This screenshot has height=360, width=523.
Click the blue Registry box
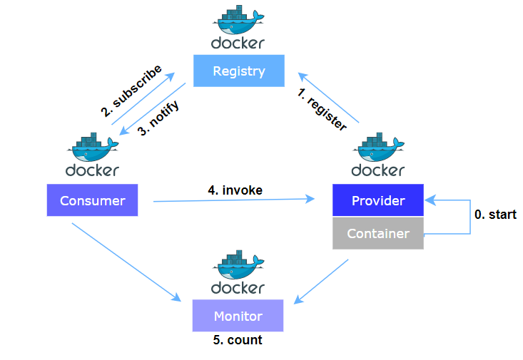tap(239, 71)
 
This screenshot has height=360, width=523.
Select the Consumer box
tap(92, 200)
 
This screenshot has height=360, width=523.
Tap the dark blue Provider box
tap(378, 200)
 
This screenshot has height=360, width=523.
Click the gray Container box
tap(378, 234)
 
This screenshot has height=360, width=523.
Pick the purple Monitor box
tap(238, 316)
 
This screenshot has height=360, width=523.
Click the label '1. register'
tap(323, 109)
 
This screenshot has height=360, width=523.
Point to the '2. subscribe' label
tap(131, 91)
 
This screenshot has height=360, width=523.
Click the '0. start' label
tap(496, 215)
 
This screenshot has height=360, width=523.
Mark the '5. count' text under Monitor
tap(238, 340)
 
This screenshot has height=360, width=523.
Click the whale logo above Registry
tap(238, 19)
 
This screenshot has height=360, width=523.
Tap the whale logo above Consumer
tap(92, 148)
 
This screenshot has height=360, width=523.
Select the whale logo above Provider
tap(378, 148)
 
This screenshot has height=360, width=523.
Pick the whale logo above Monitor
tap(238, 264)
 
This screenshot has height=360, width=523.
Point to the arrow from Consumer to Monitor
tap(125, 261)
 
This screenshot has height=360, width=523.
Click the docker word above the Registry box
tap(238, 43)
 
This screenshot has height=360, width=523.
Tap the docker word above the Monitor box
tap(238, 287)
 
